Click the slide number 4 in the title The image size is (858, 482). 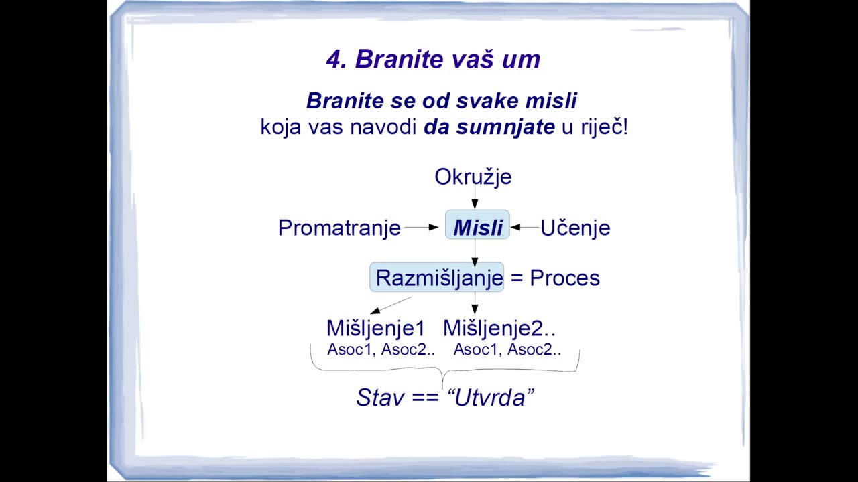click(334, 60)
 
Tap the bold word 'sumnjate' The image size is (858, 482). click(505, 127)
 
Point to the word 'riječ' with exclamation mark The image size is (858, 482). click(605, 127)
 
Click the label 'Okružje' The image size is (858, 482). click(473, 177)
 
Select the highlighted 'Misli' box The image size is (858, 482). click(477, 224)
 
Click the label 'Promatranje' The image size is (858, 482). click(339, 228)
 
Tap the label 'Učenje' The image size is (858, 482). click(575, 228)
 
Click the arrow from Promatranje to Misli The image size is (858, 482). click(422, 227)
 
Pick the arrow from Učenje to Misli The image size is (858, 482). click(525, 227)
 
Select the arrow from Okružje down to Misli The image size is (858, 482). click(475, 197)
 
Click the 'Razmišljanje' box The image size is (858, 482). click(436, 277)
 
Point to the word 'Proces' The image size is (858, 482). click(564, 278)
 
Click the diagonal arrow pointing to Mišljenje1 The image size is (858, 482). click(391, 305)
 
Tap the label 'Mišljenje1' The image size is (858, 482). click(376, 328)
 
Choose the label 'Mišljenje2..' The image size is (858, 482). click(499, 328)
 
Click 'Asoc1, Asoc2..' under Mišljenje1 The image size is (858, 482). click(381, 349)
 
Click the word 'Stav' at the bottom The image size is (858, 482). click(380, 398)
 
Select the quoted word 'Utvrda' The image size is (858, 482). click(490, 398)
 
